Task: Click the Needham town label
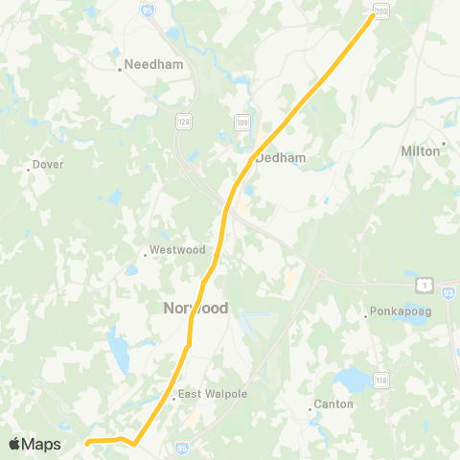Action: tap(146, 68)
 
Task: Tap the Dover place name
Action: tap(48, 164)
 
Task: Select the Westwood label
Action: tap(177, 250)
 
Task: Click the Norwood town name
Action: tap(191, 309)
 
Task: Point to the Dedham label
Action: tap(280, 158)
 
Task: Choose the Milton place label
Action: tap(420, 150)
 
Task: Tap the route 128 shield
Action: tap(183, 122)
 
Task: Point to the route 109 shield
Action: tap(243, 122)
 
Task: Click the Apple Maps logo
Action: tap(34, 444)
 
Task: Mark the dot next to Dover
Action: tap(29, 170)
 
